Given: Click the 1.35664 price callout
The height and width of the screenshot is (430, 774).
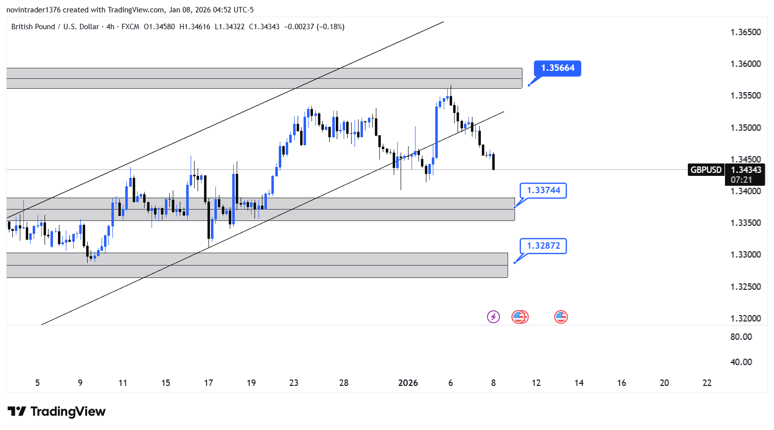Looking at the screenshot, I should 558,68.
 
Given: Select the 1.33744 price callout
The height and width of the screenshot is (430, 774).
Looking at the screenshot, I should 543,190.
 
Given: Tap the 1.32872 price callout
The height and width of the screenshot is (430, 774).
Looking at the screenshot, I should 543,246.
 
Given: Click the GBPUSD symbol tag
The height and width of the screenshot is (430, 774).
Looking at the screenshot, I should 706,170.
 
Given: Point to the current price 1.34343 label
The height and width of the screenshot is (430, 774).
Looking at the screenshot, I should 745,170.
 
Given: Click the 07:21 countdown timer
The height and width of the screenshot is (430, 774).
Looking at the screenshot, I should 741,180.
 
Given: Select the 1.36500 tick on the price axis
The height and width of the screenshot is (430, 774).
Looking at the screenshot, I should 745,32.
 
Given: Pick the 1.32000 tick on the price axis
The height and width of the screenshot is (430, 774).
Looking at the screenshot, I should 745,318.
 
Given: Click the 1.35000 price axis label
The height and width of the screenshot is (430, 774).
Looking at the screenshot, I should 745,128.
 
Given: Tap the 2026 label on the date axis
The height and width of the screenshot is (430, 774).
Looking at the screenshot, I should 408,383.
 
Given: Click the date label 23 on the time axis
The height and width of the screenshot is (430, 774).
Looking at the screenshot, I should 294,383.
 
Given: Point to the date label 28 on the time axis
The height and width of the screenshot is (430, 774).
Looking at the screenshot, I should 344,383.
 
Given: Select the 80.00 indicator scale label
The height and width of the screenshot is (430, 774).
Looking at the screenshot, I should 741,337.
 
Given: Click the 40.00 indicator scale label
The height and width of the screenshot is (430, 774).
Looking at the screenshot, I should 741,362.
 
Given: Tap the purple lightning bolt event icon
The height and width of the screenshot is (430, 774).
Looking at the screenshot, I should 493,317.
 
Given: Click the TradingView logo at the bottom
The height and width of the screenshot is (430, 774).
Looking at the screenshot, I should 56,412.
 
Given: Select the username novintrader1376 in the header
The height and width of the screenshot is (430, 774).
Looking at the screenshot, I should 34,10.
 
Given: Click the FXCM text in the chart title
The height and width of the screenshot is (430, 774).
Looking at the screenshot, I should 130,27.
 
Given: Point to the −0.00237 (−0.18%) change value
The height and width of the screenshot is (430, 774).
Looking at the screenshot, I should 314,27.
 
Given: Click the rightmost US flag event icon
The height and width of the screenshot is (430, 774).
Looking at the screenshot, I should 561,317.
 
